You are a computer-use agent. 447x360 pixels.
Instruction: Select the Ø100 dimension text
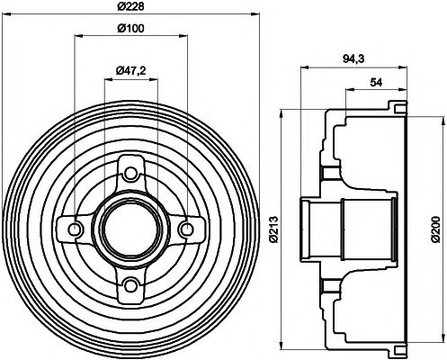(x=131, y=28)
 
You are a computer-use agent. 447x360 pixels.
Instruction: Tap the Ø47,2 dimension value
(x=133, y=69)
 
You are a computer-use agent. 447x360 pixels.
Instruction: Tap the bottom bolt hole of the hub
(x=131, y=285)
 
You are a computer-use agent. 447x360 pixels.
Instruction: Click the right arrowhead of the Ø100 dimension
(x=184, y=37)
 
